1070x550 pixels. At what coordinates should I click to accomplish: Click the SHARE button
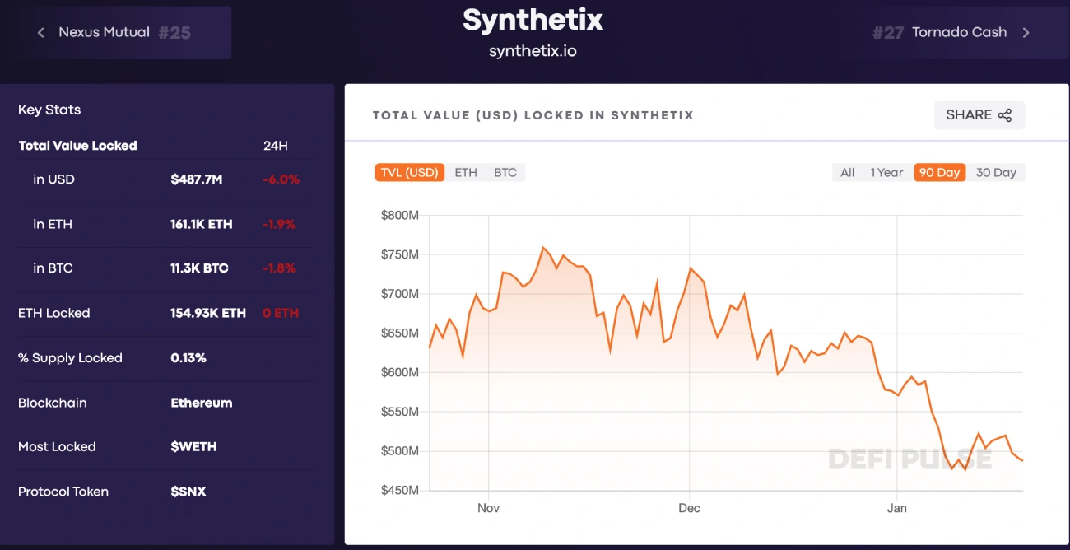979,115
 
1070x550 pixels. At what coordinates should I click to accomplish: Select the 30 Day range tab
996,173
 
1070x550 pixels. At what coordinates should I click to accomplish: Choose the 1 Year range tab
886,173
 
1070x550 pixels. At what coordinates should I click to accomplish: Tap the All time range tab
847,173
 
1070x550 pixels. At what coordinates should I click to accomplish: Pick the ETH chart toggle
466,173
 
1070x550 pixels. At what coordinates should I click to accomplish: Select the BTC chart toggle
505,173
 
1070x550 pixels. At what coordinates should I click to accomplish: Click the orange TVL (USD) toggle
409,173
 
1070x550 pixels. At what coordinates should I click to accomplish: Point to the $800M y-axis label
400,216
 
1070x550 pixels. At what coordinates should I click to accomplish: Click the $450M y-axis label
400,491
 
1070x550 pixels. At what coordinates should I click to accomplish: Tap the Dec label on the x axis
689,508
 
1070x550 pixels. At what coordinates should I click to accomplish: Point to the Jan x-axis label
896,508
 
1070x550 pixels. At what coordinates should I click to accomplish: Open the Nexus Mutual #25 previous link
115,33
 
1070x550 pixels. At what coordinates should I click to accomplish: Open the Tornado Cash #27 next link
951,33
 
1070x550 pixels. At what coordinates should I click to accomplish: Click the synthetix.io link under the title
533,51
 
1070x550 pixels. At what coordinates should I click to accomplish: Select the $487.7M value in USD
197,179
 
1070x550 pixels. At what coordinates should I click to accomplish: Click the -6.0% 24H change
281,179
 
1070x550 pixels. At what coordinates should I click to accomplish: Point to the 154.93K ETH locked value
208,313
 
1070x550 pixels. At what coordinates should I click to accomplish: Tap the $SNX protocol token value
188,492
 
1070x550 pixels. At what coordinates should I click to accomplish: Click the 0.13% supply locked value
188,358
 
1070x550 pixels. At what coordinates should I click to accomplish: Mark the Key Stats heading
49,110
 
